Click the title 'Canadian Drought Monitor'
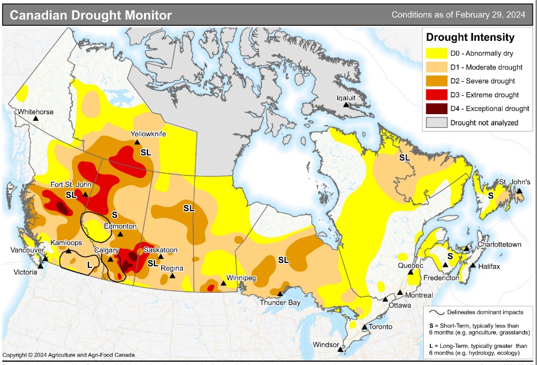91,15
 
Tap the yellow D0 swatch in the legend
435,53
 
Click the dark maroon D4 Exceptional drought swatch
435,108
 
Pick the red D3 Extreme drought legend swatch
435,95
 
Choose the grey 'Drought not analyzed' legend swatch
435,122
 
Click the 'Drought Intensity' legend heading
470,37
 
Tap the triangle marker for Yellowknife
137,142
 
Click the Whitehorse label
35,112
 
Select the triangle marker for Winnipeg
223,283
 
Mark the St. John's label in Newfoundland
515,182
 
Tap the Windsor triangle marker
341,349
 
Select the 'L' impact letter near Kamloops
89,265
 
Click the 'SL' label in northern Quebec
404,158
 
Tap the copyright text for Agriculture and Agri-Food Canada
68,355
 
